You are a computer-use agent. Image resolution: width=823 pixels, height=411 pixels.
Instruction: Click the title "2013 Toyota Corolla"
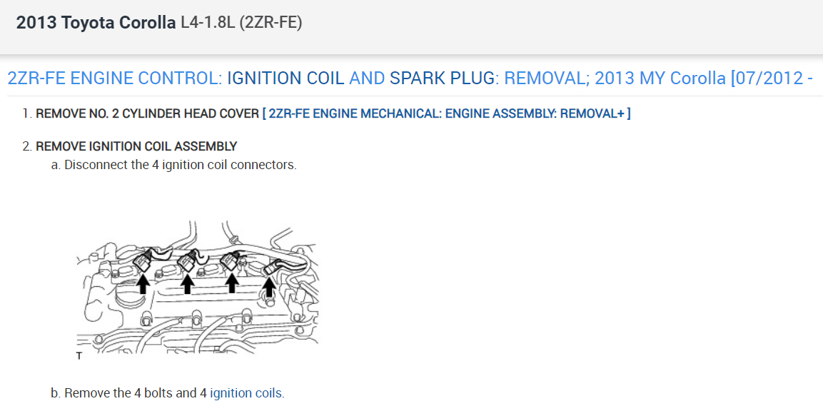click(96, 23)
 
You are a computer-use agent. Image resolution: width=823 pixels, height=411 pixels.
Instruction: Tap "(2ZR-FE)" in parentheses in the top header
click(271, 23)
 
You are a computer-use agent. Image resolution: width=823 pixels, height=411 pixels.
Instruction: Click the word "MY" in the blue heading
click(652, 78)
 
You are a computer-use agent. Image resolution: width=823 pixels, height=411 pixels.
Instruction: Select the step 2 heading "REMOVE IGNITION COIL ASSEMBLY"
click(136, 146)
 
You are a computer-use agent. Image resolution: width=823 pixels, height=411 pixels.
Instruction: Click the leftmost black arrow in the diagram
click(143, 285)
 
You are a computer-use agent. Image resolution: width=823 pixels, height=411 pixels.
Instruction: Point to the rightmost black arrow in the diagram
click(268, 287)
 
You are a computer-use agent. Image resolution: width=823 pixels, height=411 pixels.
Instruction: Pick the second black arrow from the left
click(187, 285)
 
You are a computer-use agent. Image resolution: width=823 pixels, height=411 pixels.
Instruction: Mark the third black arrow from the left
click(231, 284)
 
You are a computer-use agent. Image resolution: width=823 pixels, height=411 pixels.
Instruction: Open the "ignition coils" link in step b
click(246, 393)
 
